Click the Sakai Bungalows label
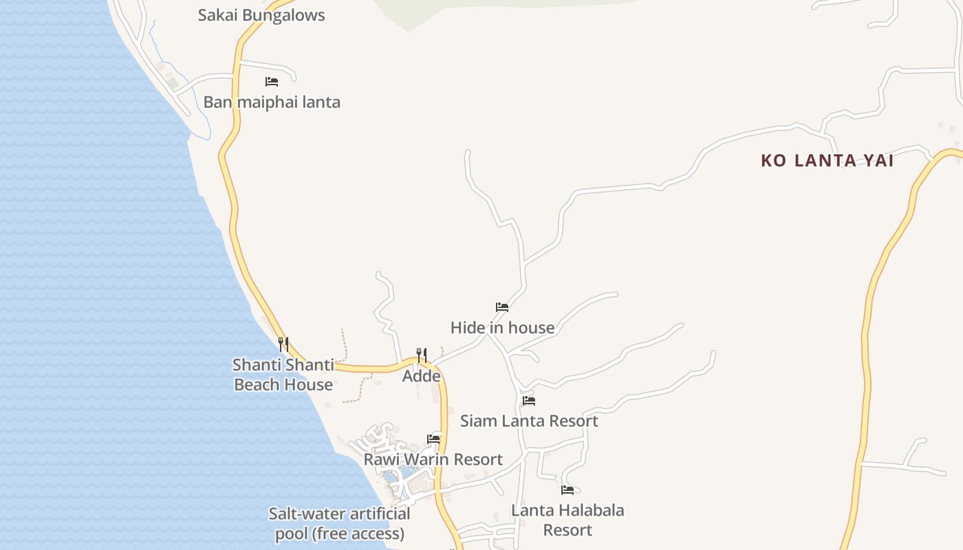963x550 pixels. [x=261, y=15]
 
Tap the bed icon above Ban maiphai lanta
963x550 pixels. [x=272, y=82]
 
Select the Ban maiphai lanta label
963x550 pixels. [x=272, y=102]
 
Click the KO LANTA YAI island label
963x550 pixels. [x=827, y=161]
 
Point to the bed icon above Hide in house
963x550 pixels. [x=502, y=307]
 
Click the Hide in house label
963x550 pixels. [x=502, y=328]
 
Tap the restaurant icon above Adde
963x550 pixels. [x=422, y=355]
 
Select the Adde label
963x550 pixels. [x=422, y=376]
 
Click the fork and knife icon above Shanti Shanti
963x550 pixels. [x=283, y=344]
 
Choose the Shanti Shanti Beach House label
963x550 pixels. [x=283, y=375]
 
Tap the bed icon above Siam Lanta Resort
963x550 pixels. [x=528, y=400]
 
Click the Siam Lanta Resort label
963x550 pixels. [x=529, y=421]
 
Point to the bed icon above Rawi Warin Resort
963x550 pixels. [x=433, y=439]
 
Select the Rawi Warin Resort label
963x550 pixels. [x=433, y=459]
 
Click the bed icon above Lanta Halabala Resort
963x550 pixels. [x=567, y=490]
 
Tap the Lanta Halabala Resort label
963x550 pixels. [x=567, y=520]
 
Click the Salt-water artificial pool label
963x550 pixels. [x=340, y=524]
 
